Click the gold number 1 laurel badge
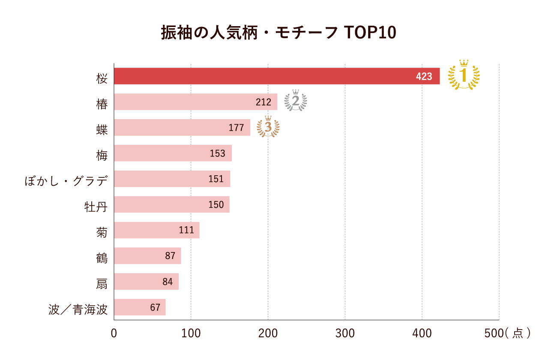(464, 75)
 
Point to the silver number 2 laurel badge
(296, 101)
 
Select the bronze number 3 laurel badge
(268, 127)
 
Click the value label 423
(424, 77)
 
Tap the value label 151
(216, 179)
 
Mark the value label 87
(170, 256)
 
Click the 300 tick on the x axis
(345, 333)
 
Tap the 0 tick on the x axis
(114, 333)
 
